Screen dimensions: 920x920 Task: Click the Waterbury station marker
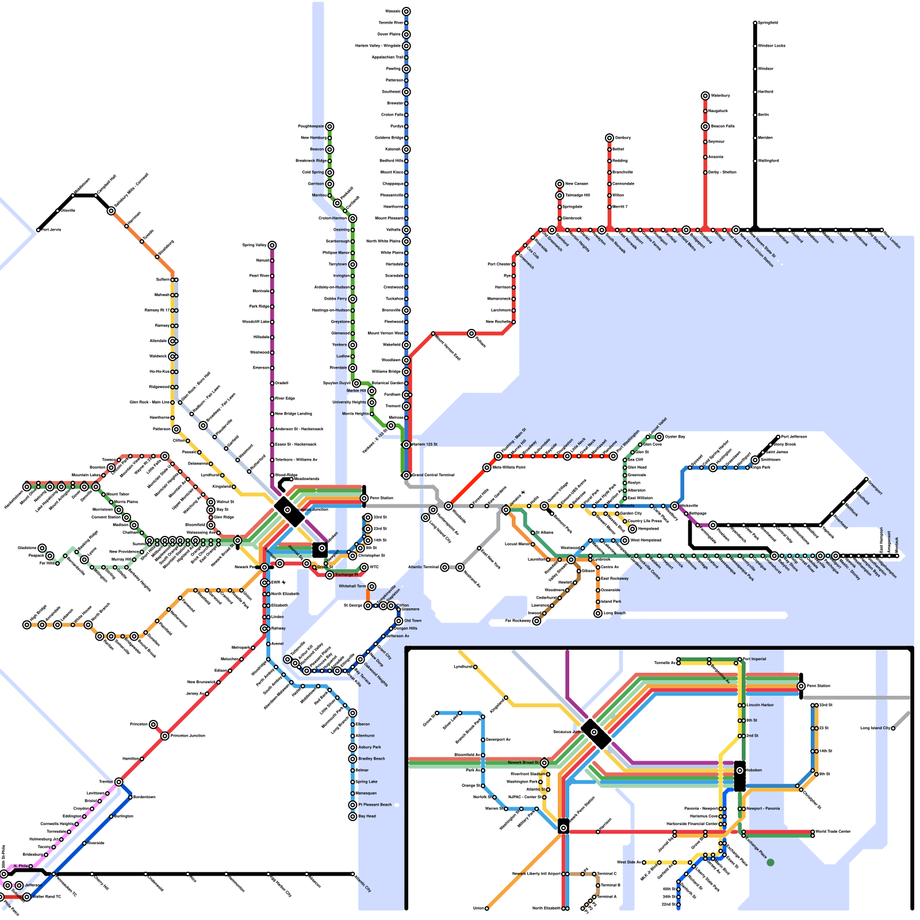pos(705,95)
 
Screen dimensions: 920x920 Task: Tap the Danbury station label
pos(623,137)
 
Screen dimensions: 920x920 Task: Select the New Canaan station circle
pos(559,184)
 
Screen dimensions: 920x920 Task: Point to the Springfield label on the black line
pos(768,23)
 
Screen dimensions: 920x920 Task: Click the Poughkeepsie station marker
pos(329,126)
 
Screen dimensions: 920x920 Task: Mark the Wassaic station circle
pos(406,11)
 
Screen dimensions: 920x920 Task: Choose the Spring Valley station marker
pos(272,246)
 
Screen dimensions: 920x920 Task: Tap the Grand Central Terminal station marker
pos(406,476)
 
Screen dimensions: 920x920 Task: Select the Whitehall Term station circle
pos(372,586)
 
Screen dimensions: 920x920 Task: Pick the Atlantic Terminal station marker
pos(444,568)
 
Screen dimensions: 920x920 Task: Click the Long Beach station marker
pos(598,614)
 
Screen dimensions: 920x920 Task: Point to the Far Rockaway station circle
pos(536,621)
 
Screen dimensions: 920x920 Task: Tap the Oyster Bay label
pos(675,437)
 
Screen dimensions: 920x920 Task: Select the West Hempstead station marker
pos(625,540)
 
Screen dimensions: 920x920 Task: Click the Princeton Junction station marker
pos(165,736)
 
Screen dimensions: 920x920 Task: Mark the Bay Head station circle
pos(352,816)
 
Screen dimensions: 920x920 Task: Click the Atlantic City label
pos(363,883)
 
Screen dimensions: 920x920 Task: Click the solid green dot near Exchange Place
pos(770,862)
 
